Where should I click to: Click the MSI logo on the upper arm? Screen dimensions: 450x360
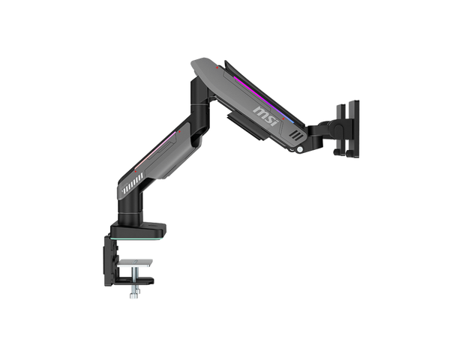click(266, 115)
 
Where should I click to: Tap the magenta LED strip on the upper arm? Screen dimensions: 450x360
click(264, 99)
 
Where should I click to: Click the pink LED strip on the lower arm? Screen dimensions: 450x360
click(155, 150)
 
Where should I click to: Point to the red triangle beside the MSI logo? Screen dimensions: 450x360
click(283, 118)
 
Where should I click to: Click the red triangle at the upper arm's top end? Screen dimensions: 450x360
click(217, 67)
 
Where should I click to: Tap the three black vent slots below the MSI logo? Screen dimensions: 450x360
click(295, 135)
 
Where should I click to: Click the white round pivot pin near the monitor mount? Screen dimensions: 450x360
click(300, 149)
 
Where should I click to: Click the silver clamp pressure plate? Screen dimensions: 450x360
click(135, 262)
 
